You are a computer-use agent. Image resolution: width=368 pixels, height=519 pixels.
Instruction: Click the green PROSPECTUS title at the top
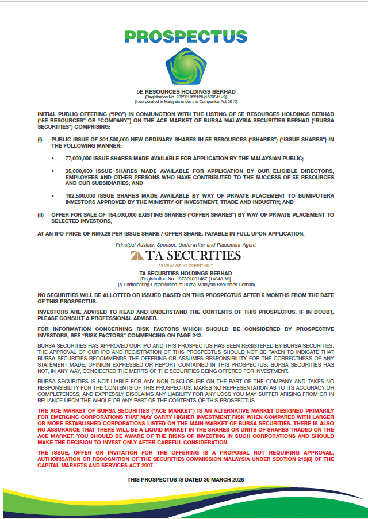pyautogui.click(x=185, y=37)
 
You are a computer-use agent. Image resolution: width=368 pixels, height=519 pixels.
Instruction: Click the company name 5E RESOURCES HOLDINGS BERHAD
pyautogui.click(x=185, y=91)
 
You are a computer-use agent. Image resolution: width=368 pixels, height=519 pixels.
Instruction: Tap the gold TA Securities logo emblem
pyautogui.click(x=137, y=256)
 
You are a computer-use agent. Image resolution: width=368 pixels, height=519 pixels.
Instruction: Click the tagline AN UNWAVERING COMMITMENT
pyautogui.click(x=185, y=266)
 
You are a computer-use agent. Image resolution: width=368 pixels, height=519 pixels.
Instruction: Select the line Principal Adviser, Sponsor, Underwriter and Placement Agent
pyautogui.click(x=185, y=245)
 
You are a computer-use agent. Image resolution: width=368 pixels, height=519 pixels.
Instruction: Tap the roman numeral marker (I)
pyautogui.click(x=40, y=140)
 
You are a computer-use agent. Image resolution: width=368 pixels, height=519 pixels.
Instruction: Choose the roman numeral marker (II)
pyautogui.click(x=41, y=214)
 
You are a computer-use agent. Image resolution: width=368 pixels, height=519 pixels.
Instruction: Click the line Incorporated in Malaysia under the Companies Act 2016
pyautogui.click(x=185, y=102)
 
